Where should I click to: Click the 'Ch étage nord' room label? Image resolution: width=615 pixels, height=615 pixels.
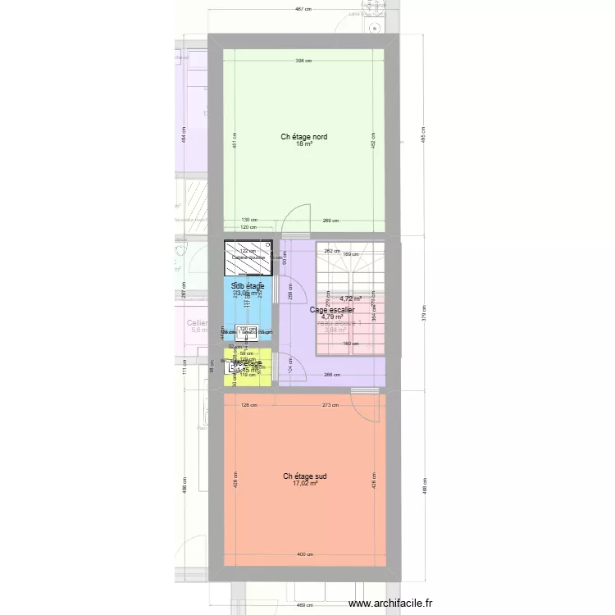[x=304, y=137]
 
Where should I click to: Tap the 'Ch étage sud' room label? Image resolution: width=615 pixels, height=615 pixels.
[x=304, y=476]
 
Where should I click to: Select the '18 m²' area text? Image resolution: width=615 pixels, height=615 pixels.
[x=304, y=143]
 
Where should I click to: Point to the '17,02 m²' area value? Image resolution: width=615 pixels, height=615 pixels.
[x=304, y=483]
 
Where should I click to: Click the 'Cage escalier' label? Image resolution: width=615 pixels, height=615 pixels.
[x=331, y=310]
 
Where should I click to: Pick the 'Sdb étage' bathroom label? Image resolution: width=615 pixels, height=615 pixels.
[x=248, y=285]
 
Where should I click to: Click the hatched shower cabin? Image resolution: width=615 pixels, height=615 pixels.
[x=248, y=257]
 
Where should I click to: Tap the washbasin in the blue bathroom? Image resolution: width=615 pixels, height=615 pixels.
[x=247, y=331]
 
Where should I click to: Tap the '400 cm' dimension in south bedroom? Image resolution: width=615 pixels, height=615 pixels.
[x=304, y=554]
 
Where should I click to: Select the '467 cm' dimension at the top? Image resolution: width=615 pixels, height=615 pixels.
[x=304, y=9]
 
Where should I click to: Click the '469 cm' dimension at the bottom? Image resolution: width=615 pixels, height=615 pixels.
[x=304, y=605]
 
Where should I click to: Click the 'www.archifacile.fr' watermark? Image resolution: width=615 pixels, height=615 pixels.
[x=390, y=604]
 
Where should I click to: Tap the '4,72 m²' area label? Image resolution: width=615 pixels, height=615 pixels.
[x=351, y=298]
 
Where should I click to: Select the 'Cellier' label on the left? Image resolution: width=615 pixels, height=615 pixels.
[x=197, y=323]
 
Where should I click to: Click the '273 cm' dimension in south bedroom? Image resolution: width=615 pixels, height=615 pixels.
[x=330, y=404]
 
